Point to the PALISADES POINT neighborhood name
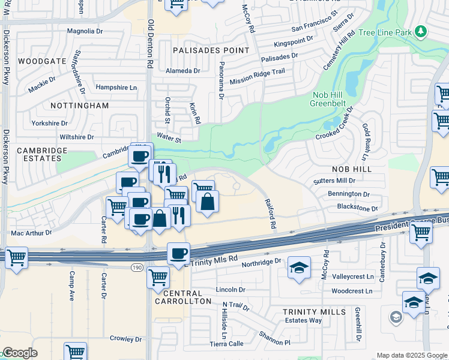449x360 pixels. pyautogui.click(x=210, y=50)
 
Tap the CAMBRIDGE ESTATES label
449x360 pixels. pyautogui.click(x=39, y=154)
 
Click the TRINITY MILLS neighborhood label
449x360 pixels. pyautogui.click(x=314, y=312)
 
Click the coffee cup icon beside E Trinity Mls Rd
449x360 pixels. pyautogui.click(x=178, y=253)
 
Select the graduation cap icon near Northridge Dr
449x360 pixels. pyautogui.click(x=299, y=267)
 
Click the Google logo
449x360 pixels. pyautogui.click(x=20, y=353)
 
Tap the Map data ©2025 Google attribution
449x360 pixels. pyautogui.click(x=411, y=355)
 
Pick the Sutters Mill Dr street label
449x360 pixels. pyautogui.click(x=334, y=181)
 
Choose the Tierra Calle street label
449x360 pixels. pyautogui.click(x=227, y=344)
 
